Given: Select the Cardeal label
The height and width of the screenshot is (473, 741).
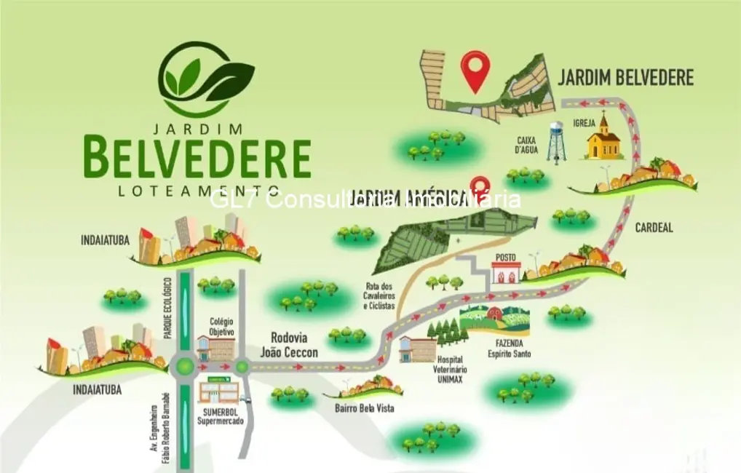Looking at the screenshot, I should [x=654, y=228].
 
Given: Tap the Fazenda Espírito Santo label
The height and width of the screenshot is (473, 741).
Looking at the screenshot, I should [x=510, y=349].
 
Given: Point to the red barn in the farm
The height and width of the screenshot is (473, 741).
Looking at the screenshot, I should [x=495, y=314].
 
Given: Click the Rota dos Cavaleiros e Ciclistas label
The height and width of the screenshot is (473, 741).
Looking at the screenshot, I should [x=379, y=296].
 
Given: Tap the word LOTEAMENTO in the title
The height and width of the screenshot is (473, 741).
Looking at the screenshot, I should [x=198, y=191].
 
